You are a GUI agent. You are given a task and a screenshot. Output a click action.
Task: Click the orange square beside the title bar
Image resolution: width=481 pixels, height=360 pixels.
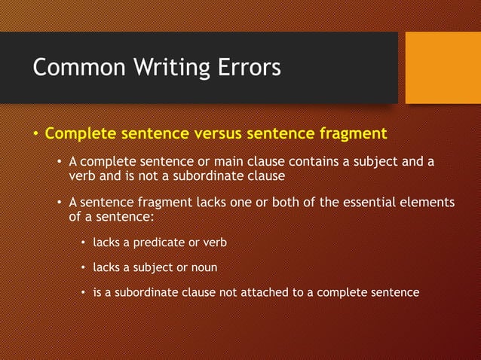tap(443, 67)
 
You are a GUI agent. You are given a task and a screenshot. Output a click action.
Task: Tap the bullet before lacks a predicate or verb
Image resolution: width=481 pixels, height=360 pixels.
tap(84, 243)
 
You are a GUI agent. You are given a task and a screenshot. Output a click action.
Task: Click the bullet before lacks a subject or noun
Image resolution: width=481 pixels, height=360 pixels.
tap(84, 268)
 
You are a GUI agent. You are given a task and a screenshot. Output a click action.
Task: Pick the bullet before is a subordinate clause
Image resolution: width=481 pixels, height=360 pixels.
tap(84, 293)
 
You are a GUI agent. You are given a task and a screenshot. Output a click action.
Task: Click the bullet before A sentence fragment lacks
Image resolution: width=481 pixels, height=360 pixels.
tap(60, 203)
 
